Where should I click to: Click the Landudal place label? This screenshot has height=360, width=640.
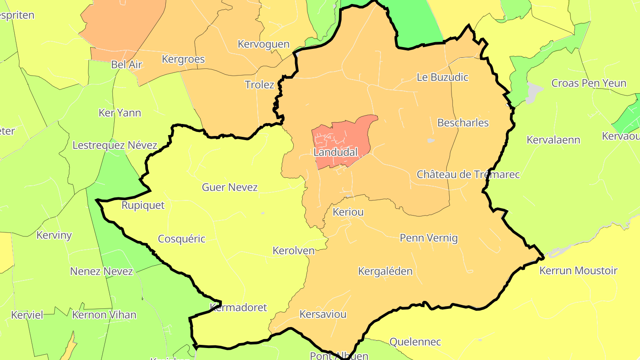tap(336, 152)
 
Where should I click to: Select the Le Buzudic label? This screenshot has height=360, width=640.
tap(443, 77)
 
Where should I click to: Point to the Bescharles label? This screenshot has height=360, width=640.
tap(463, 123)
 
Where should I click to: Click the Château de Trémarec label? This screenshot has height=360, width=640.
tap(468, 174)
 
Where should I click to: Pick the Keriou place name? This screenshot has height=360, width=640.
tap(348, 212)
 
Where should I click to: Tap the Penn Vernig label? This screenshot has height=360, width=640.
tap(429, 238)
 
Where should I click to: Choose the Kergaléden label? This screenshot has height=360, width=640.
tap(385, 271)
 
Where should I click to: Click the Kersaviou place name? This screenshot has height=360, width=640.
tap(323, 314)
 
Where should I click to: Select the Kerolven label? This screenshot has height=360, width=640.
tap(294, 250)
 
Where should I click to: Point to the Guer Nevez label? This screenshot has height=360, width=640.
tap(230, 187)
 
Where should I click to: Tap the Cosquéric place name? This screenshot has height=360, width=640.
tap(182, 239)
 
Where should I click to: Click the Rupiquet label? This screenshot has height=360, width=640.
tap(143, 205)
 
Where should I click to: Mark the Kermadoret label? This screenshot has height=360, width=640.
tap(239, 307)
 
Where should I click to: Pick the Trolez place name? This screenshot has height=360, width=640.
tap(260, 84)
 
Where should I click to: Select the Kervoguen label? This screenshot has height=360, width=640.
tap(264, 44)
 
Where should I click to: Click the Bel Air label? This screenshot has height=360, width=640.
tap(127, 64)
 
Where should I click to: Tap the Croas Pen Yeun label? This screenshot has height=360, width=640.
tap(589, 83)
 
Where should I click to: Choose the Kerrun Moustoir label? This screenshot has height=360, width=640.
tap(578, 271)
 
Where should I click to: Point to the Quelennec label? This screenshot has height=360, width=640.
tap(415, 342)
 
